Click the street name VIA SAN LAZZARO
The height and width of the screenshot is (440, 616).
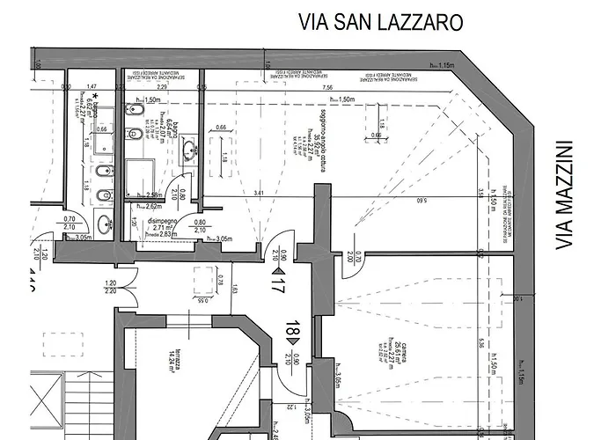(x=380, y=20)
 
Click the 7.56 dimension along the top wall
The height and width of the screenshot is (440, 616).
(x=328, y=88)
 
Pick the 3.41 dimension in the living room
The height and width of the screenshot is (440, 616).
(x=258, y=193)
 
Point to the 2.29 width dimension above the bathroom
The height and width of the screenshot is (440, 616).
(x=162, y=88)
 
